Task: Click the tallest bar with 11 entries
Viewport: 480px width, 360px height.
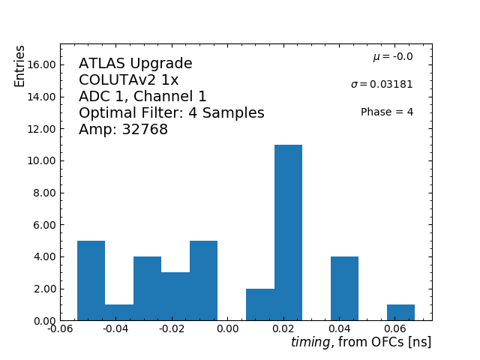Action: tap(288, 232)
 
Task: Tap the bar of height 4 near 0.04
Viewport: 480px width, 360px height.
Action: tap(344, 289)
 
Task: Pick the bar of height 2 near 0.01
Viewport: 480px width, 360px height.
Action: tap(260, 304)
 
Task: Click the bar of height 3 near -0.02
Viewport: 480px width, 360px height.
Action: tap(175, 296)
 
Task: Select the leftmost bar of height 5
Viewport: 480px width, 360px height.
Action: tap(91, 280)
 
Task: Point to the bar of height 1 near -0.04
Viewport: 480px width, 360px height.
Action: tap(119, 312)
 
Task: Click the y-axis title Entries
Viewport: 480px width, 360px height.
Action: tap(20, 66)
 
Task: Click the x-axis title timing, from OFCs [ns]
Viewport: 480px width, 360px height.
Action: tap(361, 342)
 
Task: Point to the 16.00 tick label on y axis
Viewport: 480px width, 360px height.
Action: tap(41, 64)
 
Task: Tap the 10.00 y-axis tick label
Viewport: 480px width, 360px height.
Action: tap(41, 160)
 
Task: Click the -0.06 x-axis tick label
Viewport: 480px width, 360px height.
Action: tap(60, 328)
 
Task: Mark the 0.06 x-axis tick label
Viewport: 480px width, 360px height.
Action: tap(396, 328)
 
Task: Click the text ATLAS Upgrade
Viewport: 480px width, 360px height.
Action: tap(136, 64)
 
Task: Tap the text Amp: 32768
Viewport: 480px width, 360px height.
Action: tap(123, 130)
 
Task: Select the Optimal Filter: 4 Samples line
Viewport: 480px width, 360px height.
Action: tap(172, 113)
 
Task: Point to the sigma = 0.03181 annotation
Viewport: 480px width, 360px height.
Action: tap(382, 85)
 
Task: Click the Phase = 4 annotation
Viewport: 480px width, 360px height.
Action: tap(387, 112)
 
